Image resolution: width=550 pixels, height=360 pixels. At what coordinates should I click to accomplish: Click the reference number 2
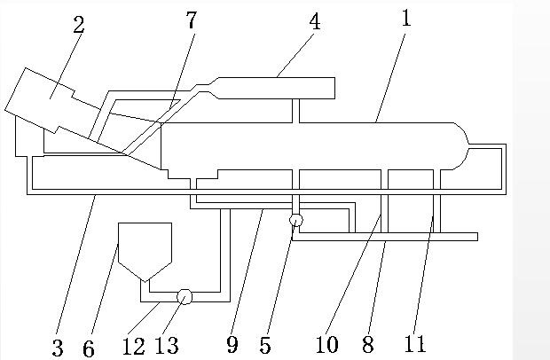coord(79,24)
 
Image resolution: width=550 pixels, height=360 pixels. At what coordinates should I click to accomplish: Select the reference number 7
coord(191,20)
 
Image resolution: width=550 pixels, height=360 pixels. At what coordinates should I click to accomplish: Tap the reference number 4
coord(315,21)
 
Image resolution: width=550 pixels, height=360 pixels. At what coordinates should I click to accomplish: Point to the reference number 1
coord(405,18)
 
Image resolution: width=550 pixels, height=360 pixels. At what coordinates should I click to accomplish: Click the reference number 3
coord(58,348)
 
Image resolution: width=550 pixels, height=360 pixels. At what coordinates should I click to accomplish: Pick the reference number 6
coord(89,348)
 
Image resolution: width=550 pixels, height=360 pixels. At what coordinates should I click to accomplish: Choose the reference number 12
coord(134,346)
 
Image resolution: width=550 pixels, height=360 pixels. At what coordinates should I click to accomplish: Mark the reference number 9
coord(232,344)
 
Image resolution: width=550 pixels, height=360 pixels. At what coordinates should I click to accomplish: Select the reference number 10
coord(326,344)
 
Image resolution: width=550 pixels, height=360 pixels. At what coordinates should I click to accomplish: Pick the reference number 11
coord(416,344)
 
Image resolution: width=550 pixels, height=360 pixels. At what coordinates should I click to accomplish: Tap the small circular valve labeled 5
coord(295,220)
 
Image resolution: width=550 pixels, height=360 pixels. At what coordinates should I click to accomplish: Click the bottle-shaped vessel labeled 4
coord(275,88)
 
